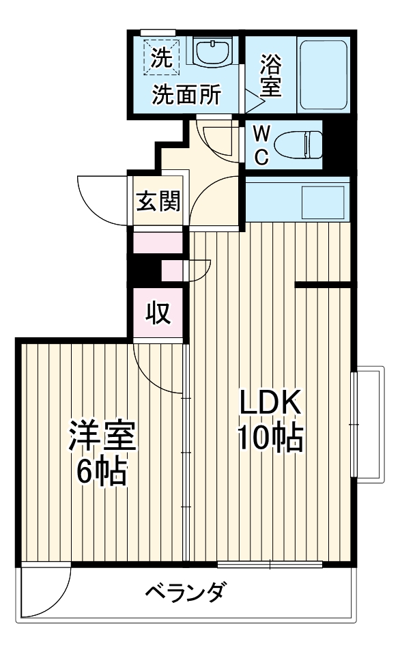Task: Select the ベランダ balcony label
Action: coord(184,591)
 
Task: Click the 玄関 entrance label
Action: coord(158,201)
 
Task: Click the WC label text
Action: coord(261,145)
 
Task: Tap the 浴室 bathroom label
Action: coord(271,76)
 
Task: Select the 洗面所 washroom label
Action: coord(186,96)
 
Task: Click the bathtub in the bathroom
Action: coord(324,74)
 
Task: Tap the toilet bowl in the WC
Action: coord(300,144)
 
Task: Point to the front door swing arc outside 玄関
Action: coord(102,199)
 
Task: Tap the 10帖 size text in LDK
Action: coord(270,440)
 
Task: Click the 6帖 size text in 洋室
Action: coord(102,471)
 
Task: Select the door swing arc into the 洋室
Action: coord(158,369)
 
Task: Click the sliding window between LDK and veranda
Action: coord(270,564)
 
